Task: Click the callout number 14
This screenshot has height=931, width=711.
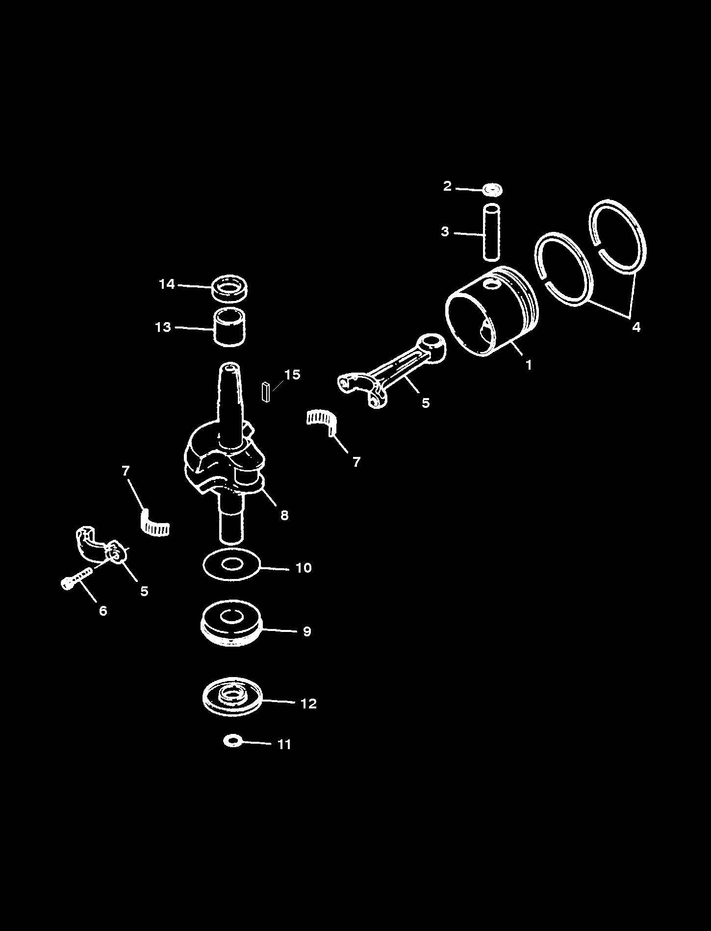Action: pos(167,284)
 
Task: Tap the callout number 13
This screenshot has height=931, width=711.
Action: pos(163,327)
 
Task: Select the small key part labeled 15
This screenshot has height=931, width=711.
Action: pos(266,392)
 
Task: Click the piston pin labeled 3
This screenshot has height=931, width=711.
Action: pos(491,232)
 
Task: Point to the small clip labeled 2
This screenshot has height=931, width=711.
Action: pos(492,189)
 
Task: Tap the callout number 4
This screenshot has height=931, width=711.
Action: pos(636,327)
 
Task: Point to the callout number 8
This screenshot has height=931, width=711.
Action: pos(284,515)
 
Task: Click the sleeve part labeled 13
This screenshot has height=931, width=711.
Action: pos(229,327)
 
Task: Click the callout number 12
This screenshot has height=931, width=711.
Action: pos(308,704)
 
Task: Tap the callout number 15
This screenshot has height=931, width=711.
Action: pos(292,375)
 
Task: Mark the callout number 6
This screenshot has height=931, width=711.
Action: pos(103,610)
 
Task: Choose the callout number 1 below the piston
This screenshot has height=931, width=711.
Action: pos(529,365)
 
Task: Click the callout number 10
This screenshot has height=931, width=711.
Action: pos(304,568)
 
